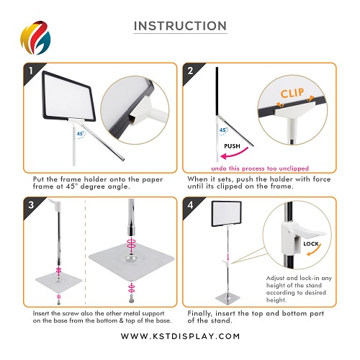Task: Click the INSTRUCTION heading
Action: pos(180,26)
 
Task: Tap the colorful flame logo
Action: pos(35,37)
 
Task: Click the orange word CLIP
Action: pos(292,93)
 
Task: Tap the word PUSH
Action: pos(232,146)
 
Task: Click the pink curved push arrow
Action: pos(234,154)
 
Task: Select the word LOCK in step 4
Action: pos(311,244)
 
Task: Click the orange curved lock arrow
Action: pos(315,251)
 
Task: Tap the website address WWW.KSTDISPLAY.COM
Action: pos(180,336)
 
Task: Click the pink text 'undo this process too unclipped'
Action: pos(260,168)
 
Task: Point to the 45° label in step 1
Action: pos(81,134)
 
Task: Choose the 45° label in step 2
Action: pos(223,130)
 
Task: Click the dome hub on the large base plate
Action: pos(131,258)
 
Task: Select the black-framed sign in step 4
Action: pos(226,214)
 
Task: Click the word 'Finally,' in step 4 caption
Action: pos(199,314)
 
